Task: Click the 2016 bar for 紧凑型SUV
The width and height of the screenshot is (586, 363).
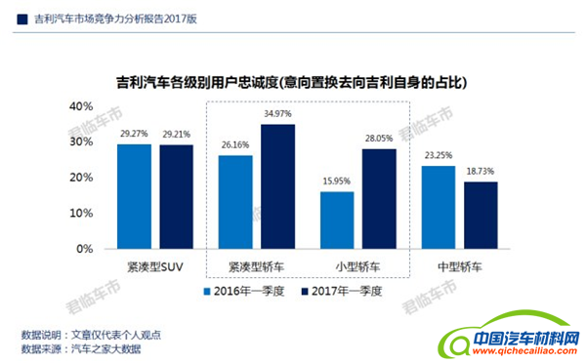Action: pyautogui.click(x=134, y=196)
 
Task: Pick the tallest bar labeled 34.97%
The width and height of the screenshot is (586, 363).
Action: pyautogui.click(x=278, y=186)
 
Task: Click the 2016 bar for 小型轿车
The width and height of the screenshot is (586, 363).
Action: pyautogui.click(x=337, y=220)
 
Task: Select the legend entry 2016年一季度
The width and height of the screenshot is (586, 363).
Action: pyautogui.click(x=240, y=291)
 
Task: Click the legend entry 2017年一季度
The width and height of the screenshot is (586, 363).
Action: pyautogui.click(x=341, y=291)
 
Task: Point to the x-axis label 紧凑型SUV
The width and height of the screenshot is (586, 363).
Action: pyautogui.click(x=155, y=265)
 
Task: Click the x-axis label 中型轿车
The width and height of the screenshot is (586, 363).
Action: pyautogui.click(x=460, y=265)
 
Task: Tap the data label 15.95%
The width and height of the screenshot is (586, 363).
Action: pyautogui.click(x=336, y=181)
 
